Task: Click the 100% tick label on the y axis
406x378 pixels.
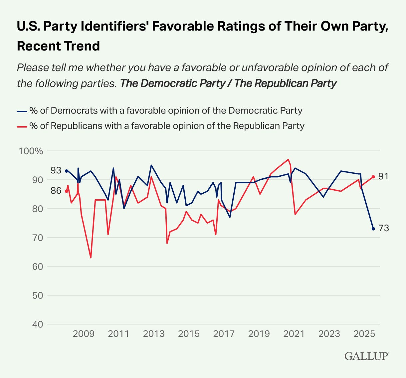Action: [x=31, y=151]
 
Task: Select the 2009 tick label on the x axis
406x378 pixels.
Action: [x=84, y=333]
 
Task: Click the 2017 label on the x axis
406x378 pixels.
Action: [x=224, y=333]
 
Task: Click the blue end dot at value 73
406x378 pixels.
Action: [x=373, y=229]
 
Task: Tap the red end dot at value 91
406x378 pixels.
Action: [x=373, y=177]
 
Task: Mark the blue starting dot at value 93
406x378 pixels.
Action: [x=66, y=171]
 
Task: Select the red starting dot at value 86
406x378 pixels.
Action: [x=66, y=191]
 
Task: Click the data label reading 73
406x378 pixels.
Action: [x=383, y=229]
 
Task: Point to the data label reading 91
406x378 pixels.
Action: [x=383, y=176]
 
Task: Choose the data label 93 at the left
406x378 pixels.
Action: [x=56, y=170]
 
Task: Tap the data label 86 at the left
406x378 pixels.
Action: [x=56, y=191]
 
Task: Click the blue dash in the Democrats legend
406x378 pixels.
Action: [x=22, y=111]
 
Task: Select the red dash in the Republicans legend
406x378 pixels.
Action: [x=22, y=126]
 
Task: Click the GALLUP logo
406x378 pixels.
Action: [x=366, y=356]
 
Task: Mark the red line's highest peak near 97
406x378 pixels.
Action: [x=288, y=159]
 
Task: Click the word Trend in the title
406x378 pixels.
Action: [x=84, y=46]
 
